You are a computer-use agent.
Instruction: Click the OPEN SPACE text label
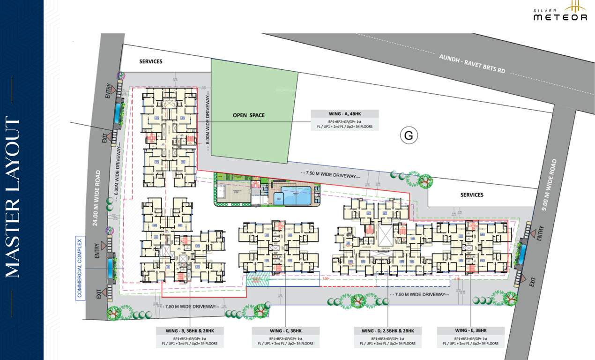pos(248,115)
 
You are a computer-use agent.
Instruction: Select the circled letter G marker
pos(409,135)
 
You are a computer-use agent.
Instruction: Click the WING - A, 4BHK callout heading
pos(344,114)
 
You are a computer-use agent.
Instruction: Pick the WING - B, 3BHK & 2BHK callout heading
pos(190,331)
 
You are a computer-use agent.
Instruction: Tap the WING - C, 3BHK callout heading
pos(286,331)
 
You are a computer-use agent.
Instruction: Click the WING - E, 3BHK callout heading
pos(471,331)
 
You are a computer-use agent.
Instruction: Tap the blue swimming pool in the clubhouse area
pos(295,195)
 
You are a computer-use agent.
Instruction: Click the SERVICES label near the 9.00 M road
pos(471,195)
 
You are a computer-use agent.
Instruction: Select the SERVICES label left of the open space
pos(151,61)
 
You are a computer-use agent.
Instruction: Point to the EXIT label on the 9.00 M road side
pos(532,282)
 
